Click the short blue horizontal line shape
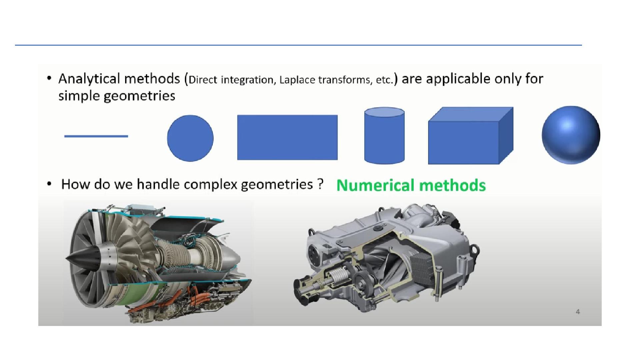point(96,136)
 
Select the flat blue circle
point(190,138)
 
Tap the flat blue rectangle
point(287,137)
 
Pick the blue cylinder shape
point(384,136)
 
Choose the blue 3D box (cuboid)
point(471,136)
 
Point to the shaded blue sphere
point(571,135)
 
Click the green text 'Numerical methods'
point(411,185)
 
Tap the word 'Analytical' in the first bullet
point(89,79)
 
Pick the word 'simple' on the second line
point(79,96)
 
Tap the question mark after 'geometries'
point(320,184)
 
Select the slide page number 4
point(578,312)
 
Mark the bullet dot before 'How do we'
point(49,184)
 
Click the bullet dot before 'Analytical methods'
point(49,79)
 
